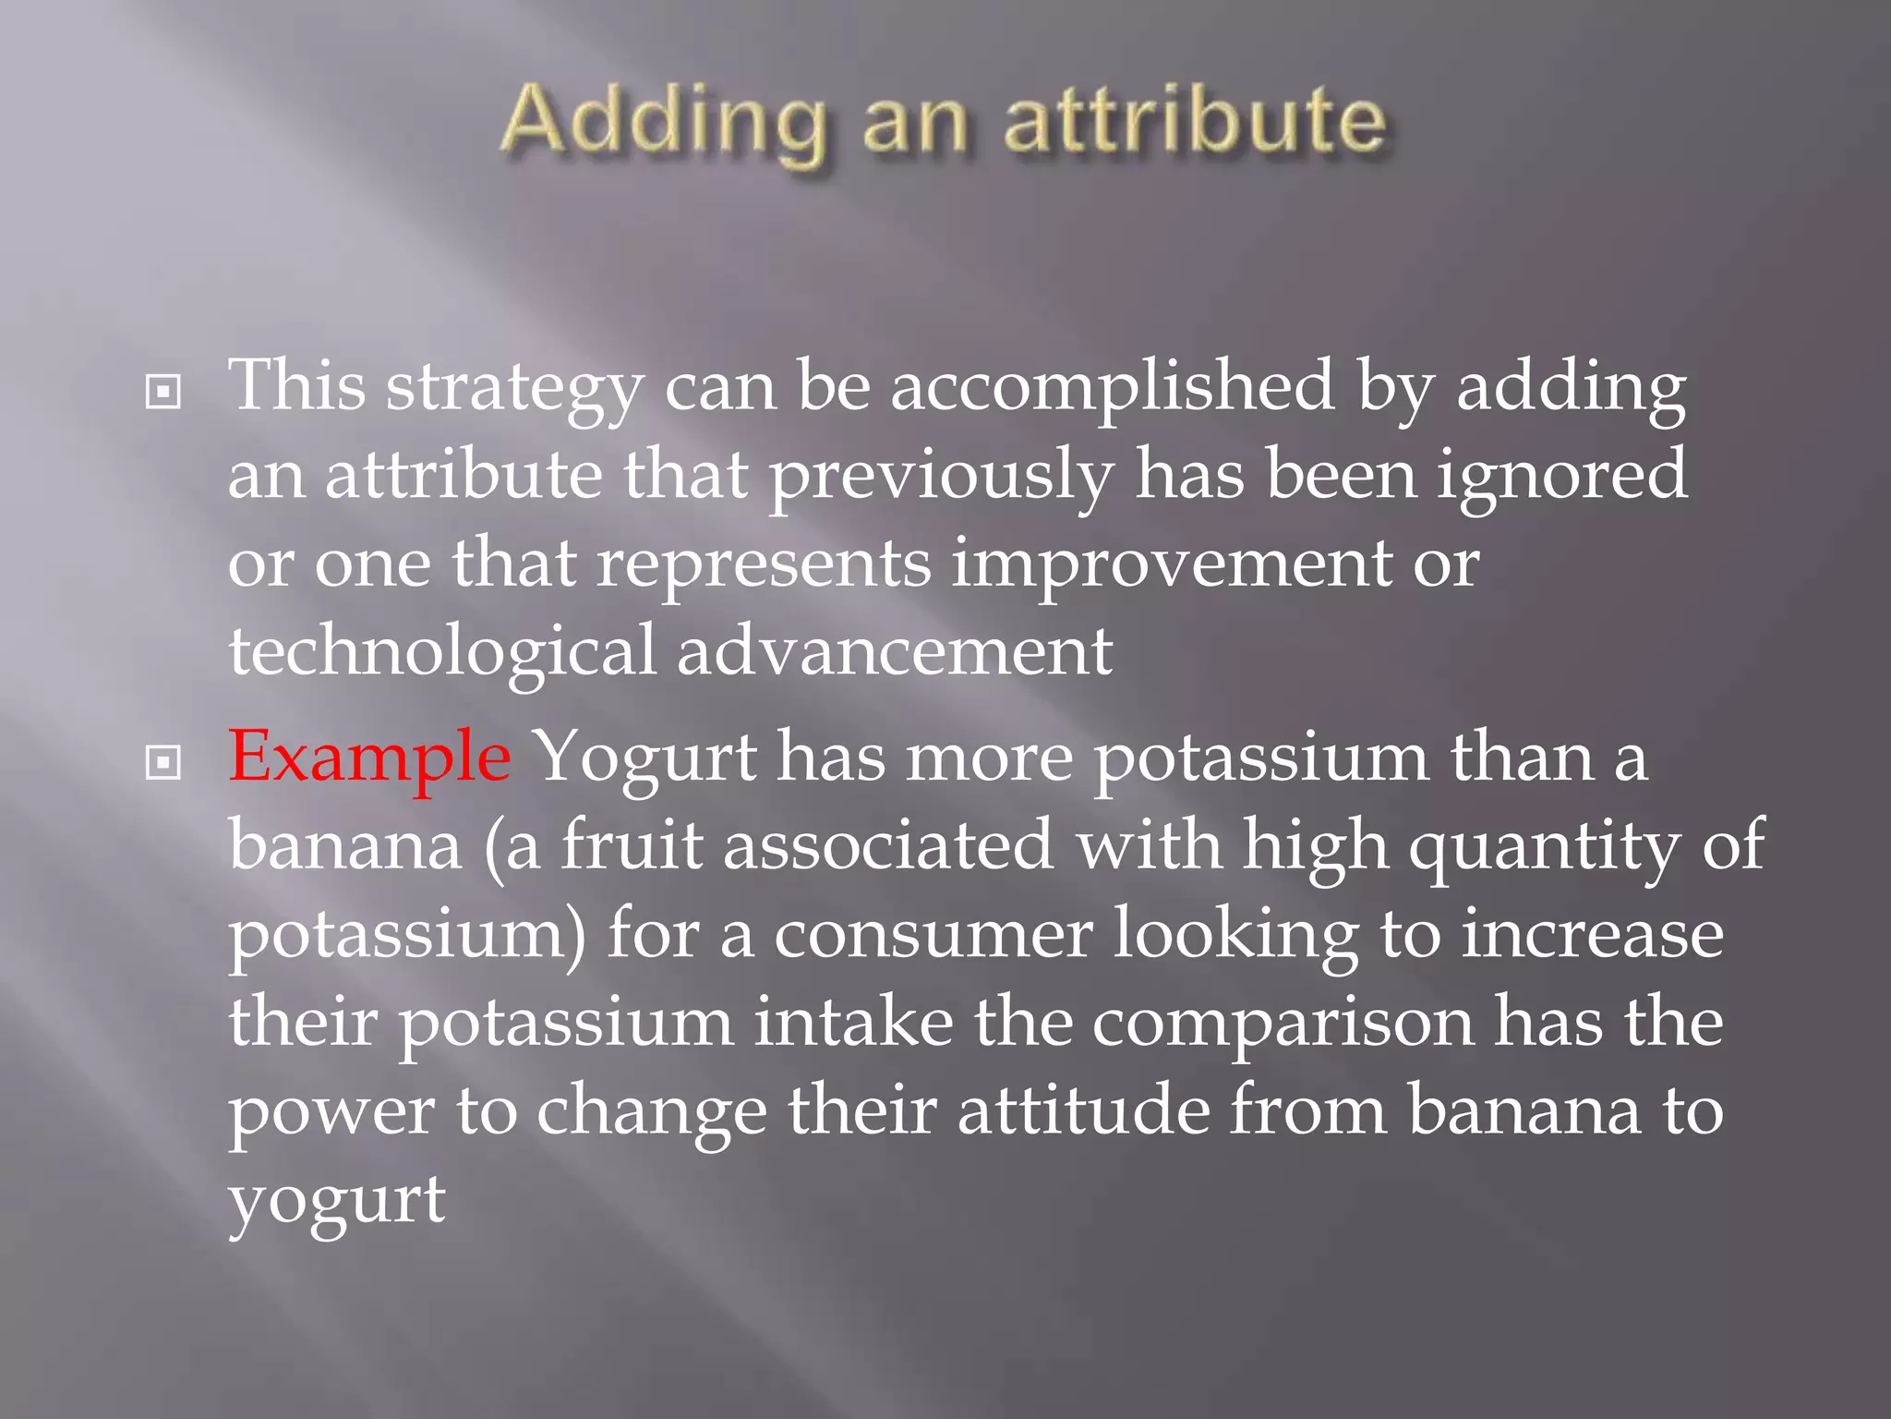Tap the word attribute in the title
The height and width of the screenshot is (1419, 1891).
pos(1195,123)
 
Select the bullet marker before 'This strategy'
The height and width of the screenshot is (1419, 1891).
pos(163,393)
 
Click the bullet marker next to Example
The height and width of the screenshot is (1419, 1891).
pos(163,763)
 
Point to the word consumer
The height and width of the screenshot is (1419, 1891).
pos(933,934)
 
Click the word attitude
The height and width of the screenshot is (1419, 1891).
pos(1083,1110)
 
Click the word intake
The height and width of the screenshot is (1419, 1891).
pos(853,1023)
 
